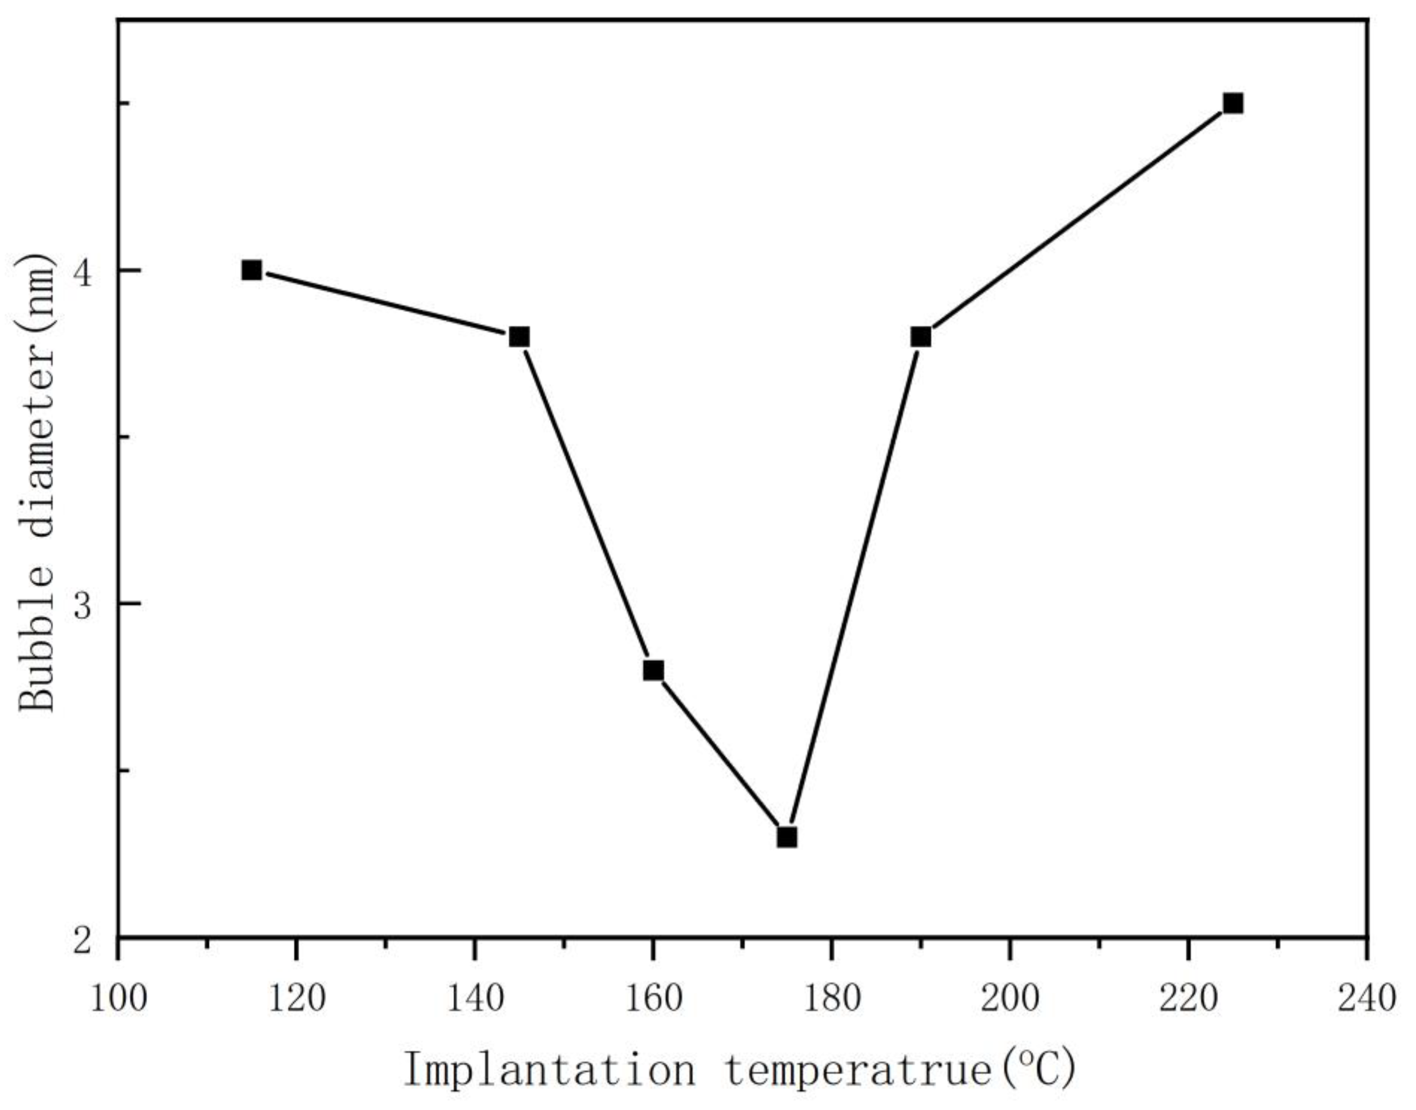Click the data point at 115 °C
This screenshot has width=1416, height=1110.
[251, 270]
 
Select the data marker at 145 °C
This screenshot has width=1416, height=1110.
[519, 337]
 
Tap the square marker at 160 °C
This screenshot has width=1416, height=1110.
[654, 670]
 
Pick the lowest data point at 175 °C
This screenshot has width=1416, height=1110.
[787, 837]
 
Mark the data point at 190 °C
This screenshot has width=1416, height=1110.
[920, 337]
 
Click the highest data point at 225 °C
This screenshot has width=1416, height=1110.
[1233, 103]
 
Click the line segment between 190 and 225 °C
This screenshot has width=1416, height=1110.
[1077, 220]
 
